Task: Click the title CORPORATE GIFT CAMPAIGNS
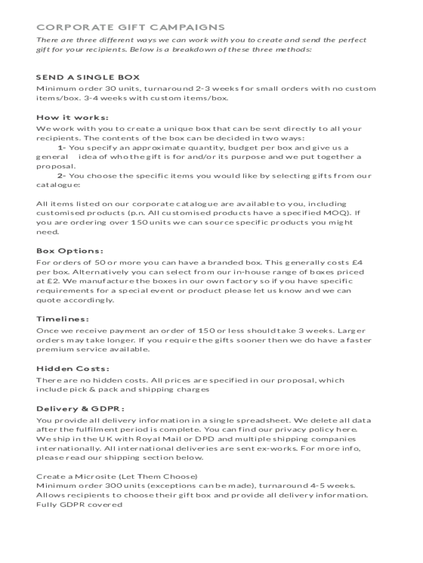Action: [131, 27]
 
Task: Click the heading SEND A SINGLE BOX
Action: [88, 77]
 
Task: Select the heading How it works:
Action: [73, 117]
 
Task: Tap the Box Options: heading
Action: [70, 251]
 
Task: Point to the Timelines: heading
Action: [63, 319]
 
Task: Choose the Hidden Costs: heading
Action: [73, 368]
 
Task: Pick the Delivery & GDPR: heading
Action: [80, 409]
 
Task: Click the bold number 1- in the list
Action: [62, 148]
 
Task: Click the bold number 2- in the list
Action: [62, 176]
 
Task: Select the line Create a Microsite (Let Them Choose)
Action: [117, 476]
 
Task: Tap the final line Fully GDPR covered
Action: [79, 504]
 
